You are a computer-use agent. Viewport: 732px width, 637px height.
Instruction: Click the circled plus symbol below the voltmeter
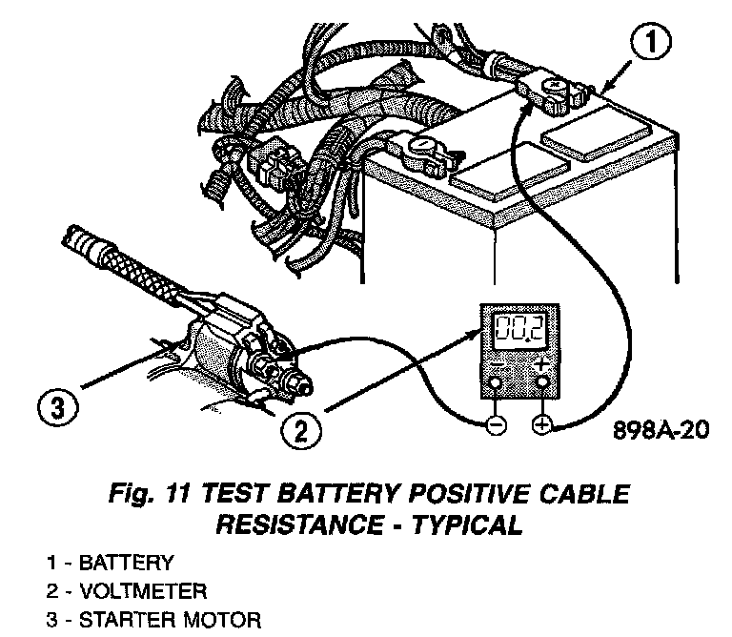point(542,426)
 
